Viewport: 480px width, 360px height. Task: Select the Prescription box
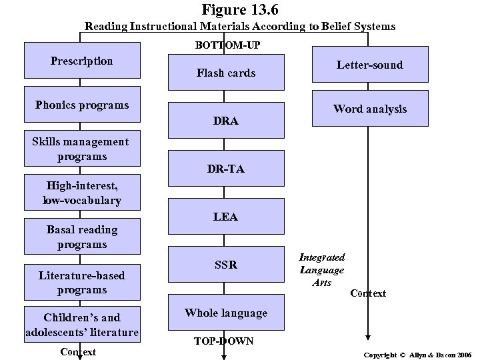(82, 61)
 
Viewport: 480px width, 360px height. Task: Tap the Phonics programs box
(82, 105)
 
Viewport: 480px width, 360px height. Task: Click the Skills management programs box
(82, 149)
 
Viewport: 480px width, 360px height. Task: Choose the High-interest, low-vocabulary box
(82, 193)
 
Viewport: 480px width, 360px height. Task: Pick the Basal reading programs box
(82, 237)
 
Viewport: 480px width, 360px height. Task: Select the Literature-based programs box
(82, 282)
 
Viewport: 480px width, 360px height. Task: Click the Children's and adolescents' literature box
(82, 323)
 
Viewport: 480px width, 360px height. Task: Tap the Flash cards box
(225, 73)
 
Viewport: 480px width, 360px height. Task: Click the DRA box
(225, 121)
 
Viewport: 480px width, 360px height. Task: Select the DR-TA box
(225, 169)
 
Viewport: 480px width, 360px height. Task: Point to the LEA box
(225, 217)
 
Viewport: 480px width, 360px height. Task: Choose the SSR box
(225, 265)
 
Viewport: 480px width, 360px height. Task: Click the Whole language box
(225, 313)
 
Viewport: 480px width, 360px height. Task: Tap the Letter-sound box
(369, 65)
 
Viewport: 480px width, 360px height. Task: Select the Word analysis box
(369, 109)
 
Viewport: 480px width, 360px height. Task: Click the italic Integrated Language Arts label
(321, 269)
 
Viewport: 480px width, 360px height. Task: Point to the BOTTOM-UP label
(227, 45)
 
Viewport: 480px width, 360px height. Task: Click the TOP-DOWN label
(223, 341)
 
